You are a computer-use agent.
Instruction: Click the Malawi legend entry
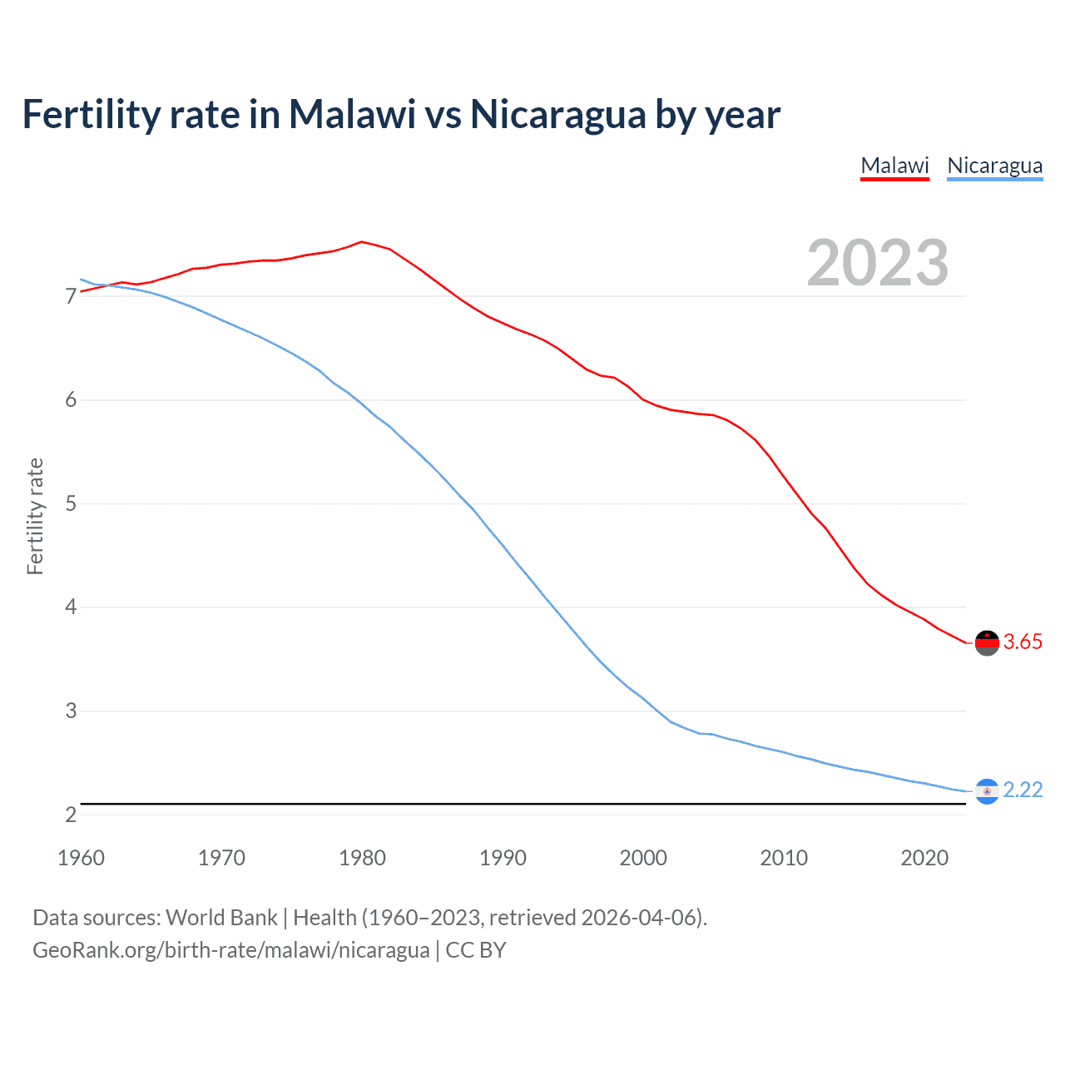coord(894,166)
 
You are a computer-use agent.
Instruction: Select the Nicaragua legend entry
coord(994,166)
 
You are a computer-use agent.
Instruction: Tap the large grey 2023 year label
coord(878,263)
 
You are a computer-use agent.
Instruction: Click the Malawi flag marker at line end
coord(987,642)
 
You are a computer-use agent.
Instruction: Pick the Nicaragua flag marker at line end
coord(987,790)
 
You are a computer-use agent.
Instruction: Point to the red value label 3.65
coord(1023,641)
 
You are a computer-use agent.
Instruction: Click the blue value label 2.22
coord(1023,790)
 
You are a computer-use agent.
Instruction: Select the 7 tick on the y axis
coord(71,296)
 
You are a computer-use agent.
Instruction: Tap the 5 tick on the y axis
coord(71,504)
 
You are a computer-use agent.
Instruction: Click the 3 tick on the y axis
coord(71,711)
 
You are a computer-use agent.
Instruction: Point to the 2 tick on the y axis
coord(71,815)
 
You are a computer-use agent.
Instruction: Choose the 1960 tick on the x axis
coord(81,858)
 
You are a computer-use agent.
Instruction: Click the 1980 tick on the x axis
coord(362,858)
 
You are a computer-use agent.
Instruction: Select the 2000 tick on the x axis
coord(643,858)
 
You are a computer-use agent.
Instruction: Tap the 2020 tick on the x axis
coord(924,858)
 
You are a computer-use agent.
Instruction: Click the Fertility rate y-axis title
coord(35,516)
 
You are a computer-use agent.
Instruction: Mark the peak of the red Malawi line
coord(361,242)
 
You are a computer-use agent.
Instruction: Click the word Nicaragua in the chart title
coord(557,115)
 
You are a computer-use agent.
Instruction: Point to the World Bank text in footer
coord(221,918)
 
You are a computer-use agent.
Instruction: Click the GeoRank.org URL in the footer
coord(231,950)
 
